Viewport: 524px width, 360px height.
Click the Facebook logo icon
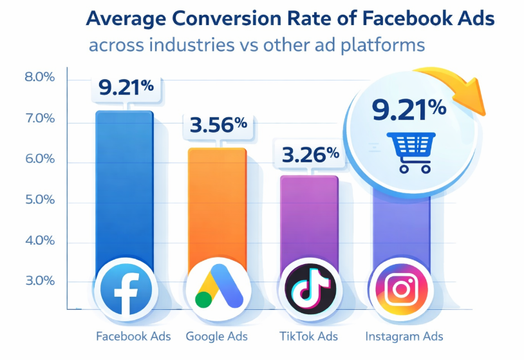click(124, 289)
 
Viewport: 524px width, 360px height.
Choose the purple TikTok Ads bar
click(308, 222)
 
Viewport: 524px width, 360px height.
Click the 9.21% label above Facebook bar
click(125, 86)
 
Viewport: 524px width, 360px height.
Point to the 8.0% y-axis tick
click(39, 78)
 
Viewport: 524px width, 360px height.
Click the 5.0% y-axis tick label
click(39, 200)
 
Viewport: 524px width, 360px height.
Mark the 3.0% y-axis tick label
click(39, 281)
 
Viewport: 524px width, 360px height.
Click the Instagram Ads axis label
click(404, 336)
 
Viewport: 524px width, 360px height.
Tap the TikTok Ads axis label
click(308, 336)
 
